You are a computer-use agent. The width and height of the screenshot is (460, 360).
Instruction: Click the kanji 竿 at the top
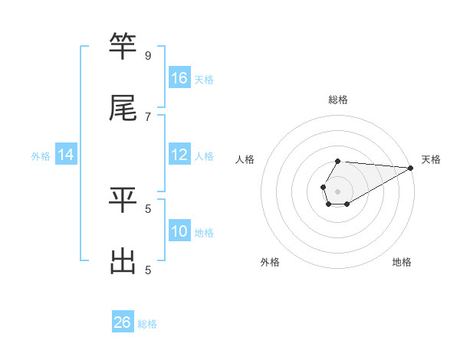[x=123, y=47]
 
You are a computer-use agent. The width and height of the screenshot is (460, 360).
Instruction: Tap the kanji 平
[x=123, y=200]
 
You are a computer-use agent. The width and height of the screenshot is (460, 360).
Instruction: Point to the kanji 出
[x=123, y=261]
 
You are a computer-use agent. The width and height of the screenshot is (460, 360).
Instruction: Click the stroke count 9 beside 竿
[x=148, y=55]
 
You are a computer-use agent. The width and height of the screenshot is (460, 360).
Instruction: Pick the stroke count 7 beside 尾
[x=148, y=116]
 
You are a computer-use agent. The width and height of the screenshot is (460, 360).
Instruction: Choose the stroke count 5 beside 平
[x=148, y=208]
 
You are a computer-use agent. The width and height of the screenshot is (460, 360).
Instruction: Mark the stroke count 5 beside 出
[x=148, y=270]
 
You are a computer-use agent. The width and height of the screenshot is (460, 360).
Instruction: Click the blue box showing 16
[x=179, y=78]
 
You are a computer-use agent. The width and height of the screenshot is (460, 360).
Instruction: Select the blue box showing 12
[x=179, y=155]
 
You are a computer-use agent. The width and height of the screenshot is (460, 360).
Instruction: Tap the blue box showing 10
[x=179, y=231]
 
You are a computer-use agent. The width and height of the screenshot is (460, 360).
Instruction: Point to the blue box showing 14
[x=66, y=155]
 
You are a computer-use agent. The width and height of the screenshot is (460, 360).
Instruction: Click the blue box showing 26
[x=123, y=322]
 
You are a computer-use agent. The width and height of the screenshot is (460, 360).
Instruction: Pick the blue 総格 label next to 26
[x=147, y=324]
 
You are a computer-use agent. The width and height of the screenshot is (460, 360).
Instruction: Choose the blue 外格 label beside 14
[x=41, y=156]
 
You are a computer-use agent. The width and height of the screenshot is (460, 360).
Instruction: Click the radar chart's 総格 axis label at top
[x=338, y=100]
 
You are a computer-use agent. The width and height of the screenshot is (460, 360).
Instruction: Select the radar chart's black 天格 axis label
[x=431, y=159]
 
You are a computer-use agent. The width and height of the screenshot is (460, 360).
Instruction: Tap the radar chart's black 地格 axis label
[x=402, y=262]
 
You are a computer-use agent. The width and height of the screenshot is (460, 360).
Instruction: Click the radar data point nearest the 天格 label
[x=411, y=168]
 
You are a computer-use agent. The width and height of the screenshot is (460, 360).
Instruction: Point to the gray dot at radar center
[x=337, y=190]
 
